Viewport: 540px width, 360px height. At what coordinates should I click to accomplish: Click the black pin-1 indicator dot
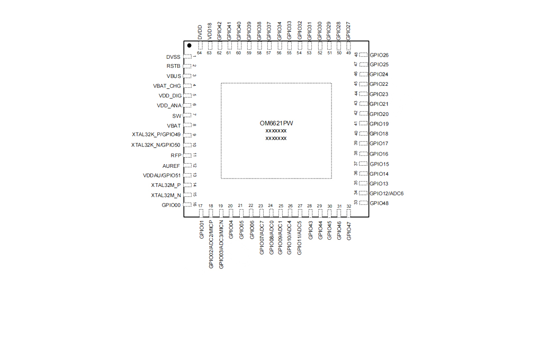click(189, 46)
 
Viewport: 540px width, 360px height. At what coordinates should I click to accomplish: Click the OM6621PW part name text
click(276, 123)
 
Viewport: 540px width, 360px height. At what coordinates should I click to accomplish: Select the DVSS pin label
click(173, 57)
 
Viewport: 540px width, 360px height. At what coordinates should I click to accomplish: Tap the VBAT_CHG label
click(167, 86)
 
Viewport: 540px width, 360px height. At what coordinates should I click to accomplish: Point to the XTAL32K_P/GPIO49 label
click(156, 134)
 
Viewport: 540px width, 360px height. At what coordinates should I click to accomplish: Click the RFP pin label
click(176, 156)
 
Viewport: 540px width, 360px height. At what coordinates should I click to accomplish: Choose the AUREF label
click(171, 166)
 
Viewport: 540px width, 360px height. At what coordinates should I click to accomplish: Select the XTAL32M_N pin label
click(166, 195)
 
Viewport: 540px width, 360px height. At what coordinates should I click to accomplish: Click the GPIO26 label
click(379, 55)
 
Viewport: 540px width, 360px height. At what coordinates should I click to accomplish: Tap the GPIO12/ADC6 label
click(386, 194)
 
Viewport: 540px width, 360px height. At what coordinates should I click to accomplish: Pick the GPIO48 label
click(379, 203)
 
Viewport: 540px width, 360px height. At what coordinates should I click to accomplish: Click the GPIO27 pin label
click(348, 31)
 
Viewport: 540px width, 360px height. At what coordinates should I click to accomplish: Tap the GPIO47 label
click(349, 231)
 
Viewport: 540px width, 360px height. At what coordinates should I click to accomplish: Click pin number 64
click(200, 53)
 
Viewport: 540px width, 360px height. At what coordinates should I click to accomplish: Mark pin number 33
click(356, 202)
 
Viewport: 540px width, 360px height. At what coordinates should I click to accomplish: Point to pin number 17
click(201, 206)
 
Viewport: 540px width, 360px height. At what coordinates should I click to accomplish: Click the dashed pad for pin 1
click(188, 57)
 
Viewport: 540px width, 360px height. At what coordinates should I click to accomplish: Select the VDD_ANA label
click(169, 106)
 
